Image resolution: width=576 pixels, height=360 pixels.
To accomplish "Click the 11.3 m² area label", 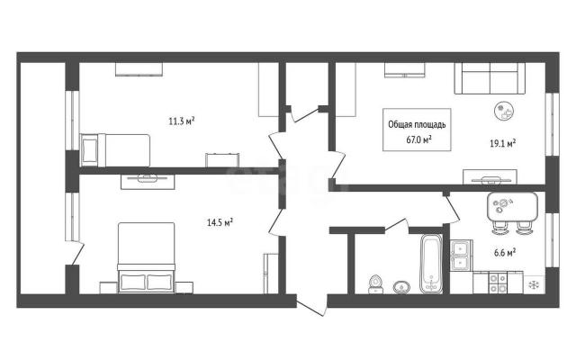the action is (182, 121).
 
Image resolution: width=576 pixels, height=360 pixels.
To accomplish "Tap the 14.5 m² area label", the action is (220, 222).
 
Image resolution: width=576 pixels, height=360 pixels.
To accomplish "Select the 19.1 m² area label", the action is (502, 143).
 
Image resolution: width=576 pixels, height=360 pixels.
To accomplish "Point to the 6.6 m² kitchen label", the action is (505, 253).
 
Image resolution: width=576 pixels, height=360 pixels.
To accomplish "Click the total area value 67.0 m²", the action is (418, 139).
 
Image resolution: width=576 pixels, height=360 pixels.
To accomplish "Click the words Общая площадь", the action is (417, 124).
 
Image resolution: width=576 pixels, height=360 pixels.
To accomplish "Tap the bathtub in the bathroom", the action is (431, 264).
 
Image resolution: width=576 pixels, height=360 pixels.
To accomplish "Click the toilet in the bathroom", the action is (375, 284).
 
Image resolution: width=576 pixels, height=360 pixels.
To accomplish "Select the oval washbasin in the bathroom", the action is (401, 287).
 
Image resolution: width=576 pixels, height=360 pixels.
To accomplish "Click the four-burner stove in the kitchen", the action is (498, 283).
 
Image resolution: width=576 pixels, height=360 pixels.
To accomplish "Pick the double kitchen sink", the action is (461, 256).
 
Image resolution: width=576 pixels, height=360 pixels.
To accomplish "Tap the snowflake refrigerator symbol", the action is (534, 284).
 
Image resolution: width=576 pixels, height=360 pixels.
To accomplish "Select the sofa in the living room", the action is (490, 78).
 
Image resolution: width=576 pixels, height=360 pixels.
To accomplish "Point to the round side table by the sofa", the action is (504, 111).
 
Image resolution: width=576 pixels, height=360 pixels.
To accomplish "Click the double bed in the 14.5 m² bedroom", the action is (146, 257).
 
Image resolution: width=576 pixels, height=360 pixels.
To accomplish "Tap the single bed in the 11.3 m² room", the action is (115, 150).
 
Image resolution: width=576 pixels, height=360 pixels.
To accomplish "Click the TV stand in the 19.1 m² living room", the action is (490, 177).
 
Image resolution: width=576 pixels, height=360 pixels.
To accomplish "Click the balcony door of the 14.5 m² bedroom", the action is (78, 253).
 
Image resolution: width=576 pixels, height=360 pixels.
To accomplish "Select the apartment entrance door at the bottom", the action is (311, 307).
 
